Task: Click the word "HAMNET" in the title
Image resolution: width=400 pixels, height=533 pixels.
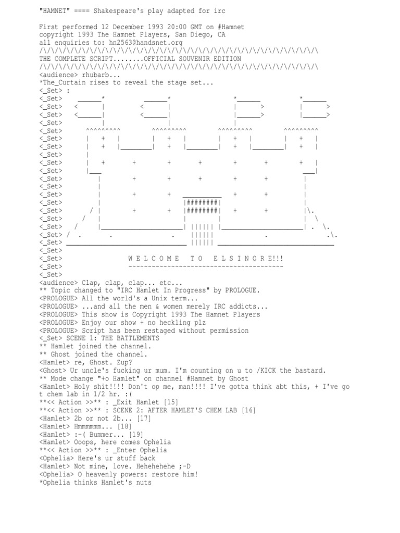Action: coord(55,11)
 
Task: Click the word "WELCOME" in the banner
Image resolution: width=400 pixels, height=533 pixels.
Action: coord(154,259)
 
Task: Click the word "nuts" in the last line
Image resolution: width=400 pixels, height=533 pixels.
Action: coord(144,482)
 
